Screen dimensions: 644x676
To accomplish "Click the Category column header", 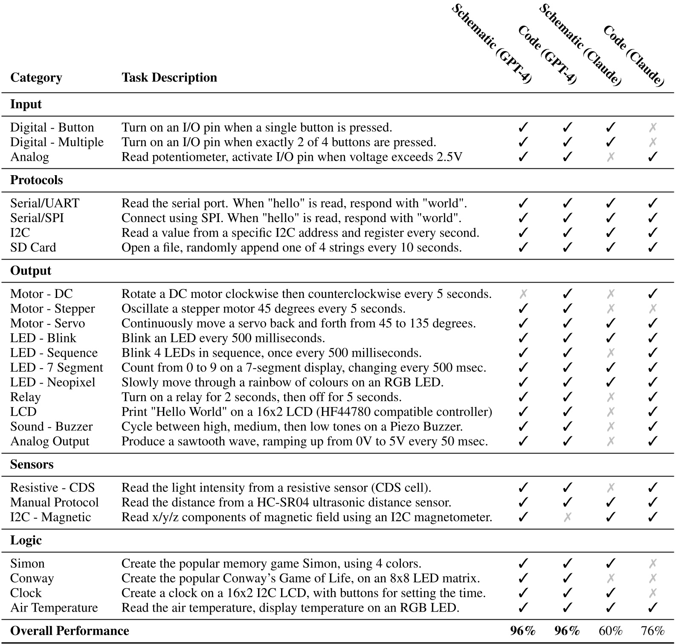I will point(36,78).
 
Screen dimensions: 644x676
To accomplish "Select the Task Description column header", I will point(169,78).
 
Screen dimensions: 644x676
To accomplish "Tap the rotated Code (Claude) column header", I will point(634,55).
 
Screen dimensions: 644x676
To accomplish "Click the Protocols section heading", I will point(36,180).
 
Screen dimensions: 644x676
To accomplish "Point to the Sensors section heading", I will point(32,465).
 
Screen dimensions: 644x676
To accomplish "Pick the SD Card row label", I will point(33,248).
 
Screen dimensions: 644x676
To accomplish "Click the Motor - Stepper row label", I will point(52,309).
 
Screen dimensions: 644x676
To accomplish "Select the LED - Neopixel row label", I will point(52,382).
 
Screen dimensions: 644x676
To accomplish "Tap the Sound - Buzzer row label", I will point(51,427).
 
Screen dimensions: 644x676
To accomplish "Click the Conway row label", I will point(32,578).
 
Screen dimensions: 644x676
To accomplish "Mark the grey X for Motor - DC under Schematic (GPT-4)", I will point(523,294).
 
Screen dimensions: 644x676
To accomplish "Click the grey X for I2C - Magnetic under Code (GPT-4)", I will point(567,517).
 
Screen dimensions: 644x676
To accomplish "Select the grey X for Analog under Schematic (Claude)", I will point(611,157).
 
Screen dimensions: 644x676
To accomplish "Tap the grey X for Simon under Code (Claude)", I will point(653,564).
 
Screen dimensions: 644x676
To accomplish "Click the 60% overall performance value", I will point(611,631).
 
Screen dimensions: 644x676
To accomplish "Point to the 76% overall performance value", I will point(653,631).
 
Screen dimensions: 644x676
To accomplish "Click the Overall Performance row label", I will point(70,631).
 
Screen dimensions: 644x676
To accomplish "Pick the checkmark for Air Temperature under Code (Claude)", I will point(653,608).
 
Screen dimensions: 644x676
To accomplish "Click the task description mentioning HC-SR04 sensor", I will point(286,502).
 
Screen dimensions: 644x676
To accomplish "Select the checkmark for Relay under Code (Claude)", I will point(653,397).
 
